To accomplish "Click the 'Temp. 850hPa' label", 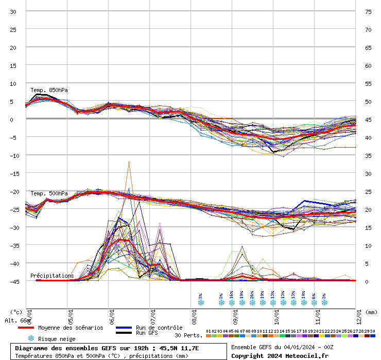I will pos(49,90).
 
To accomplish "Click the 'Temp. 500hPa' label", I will pos(49,193).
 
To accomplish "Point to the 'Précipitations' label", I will pos(52,276).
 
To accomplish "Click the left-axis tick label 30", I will pos(13,11).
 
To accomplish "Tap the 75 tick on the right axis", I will pos(368,11).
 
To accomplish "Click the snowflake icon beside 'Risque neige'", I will pos(31,338).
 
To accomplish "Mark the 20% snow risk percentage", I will pos(252,295).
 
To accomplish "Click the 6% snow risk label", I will pos(314,295).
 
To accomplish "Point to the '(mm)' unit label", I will pos(372,312).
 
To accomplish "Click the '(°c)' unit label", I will pos(16,312).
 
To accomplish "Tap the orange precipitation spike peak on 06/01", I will pos(129,162).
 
